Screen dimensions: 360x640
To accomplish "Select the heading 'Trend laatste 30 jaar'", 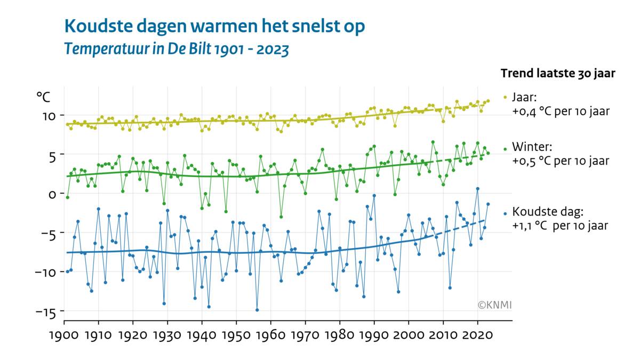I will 558,74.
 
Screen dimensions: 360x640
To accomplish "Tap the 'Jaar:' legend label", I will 525,98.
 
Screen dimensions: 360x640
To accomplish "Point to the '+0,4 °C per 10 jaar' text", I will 560,112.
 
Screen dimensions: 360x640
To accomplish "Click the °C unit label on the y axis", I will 43,97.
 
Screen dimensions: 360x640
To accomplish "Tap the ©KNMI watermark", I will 494,305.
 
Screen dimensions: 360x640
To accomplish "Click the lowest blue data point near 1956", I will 257,310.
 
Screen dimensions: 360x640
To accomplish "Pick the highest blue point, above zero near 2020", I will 478,189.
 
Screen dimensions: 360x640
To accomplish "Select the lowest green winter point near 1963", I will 281,217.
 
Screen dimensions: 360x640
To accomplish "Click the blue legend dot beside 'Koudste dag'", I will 505,214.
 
